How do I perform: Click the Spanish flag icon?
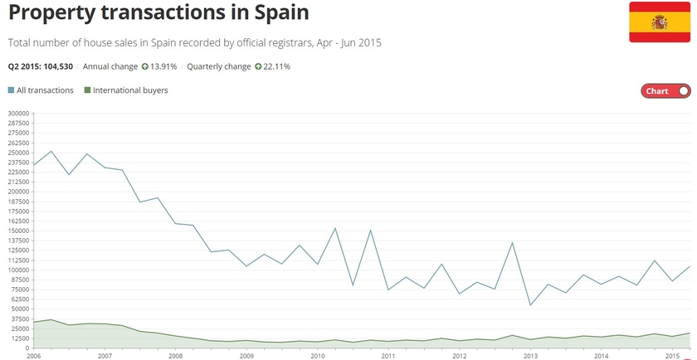pos(660,22)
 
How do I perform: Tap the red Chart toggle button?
pos(665,91)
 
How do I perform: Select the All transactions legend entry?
pos(41,90)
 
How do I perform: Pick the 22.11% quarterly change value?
pos(277,66)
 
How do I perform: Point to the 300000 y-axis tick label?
pos(18,114)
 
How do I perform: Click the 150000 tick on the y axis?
pos(18,231)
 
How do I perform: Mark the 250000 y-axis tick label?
pos(18,153)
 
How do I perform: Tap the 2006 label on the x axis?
pos(34,355)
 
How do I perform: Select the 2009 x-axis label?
pos(246,355)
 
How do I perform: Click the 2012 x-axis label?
pos(459,355)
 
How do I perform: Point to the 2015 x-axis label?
pos(672,355)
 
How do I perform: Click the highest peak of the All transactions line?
pos(51,151)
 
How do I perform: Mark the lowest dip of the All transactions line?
pos(530,305)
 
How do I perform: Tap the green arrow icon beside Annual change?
pos(144,66)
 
